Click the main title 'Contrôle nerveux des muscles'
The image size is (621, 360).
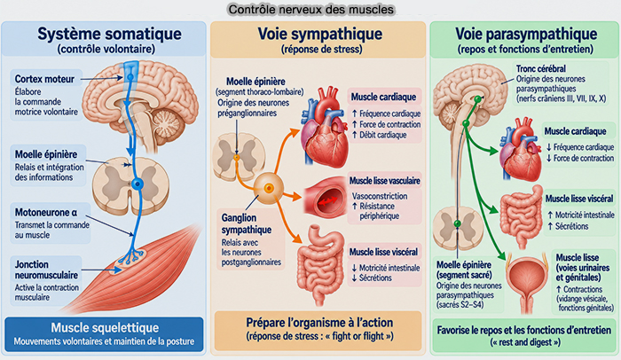click(x=311, y=9)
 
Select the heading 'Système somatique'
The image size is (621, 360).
click(x=109, y=34)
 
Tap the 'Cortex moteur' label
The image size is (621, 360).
click(x=44, y=79)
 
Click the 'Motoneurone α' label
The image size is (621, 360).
click(x=46, y=212)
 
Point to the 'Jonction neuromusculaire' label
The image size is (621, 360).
click(x=46, y=270)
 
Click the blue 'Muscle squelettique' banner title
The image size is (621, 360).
click(x=105, y=327)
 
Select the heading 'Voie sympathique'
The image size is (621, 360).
click(x=320, y=34)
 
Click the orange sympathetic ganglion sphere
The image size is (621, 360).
click(x=269, y=188)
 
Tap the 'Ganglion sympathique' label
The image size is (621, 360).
click(x=247, y=223)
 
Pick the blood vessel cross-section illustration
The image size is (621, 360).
click(x=326, y=197)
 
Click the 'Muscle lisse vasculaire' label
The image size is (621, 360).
click(x=384, y=181)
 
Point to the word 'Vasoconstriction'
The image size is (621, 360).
click(x=380, y=196)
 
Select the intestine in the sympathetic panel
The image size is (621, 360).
click(x=320, y=264)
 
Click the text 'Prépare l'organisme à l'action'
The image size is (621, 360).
click(x=319, y=323)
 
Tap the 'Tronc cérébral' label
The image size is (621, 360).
click(x=540, y=68)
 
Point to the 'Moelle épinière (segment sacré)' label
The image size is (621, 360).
click(x=464, y=270)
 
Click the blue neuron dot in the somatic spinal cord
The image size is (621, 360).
click(x=138, y=184)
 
